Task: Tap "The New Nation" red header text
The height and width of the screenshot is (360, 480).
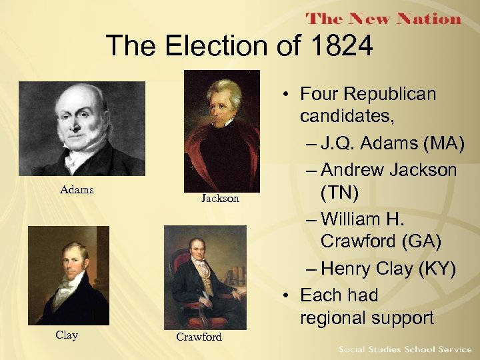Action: pyautogui.click(x=384, y=19)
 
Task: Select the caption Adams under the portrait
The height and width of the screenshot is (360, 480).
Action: pyautogui.click(x=77, y=190)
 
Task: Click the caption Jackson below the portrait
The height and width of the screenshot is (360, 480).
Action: pyautogui.click(x=220, y=198)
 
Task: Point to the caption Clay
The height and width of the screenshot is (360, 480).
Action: pyautogui.click(x=67, y=335)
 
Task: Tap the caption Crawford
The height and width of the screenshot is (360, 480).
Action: pyautogui.click(x=199, y=337)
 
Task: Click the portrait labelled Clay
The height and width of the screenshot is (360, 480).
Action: pyautogui.click(x=68, y=275)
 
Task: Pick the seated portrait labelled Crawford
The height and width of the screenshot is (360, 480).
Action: pyautogui.click(x=205, y=276)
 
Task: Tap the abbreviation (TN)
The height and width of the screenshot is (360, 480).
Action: pyautogui.click(x=339, y=194)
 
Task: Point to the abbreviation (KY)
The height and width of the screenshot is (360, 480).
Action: pyautogui.click(x=433, y=269)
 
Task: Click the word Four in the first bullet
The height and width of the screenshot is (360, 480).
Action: pyautogui.click(x=321, y=94)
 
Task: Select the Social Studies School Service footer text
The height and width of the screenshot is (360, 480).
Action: pyautogui.click(x=405, y=349)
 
